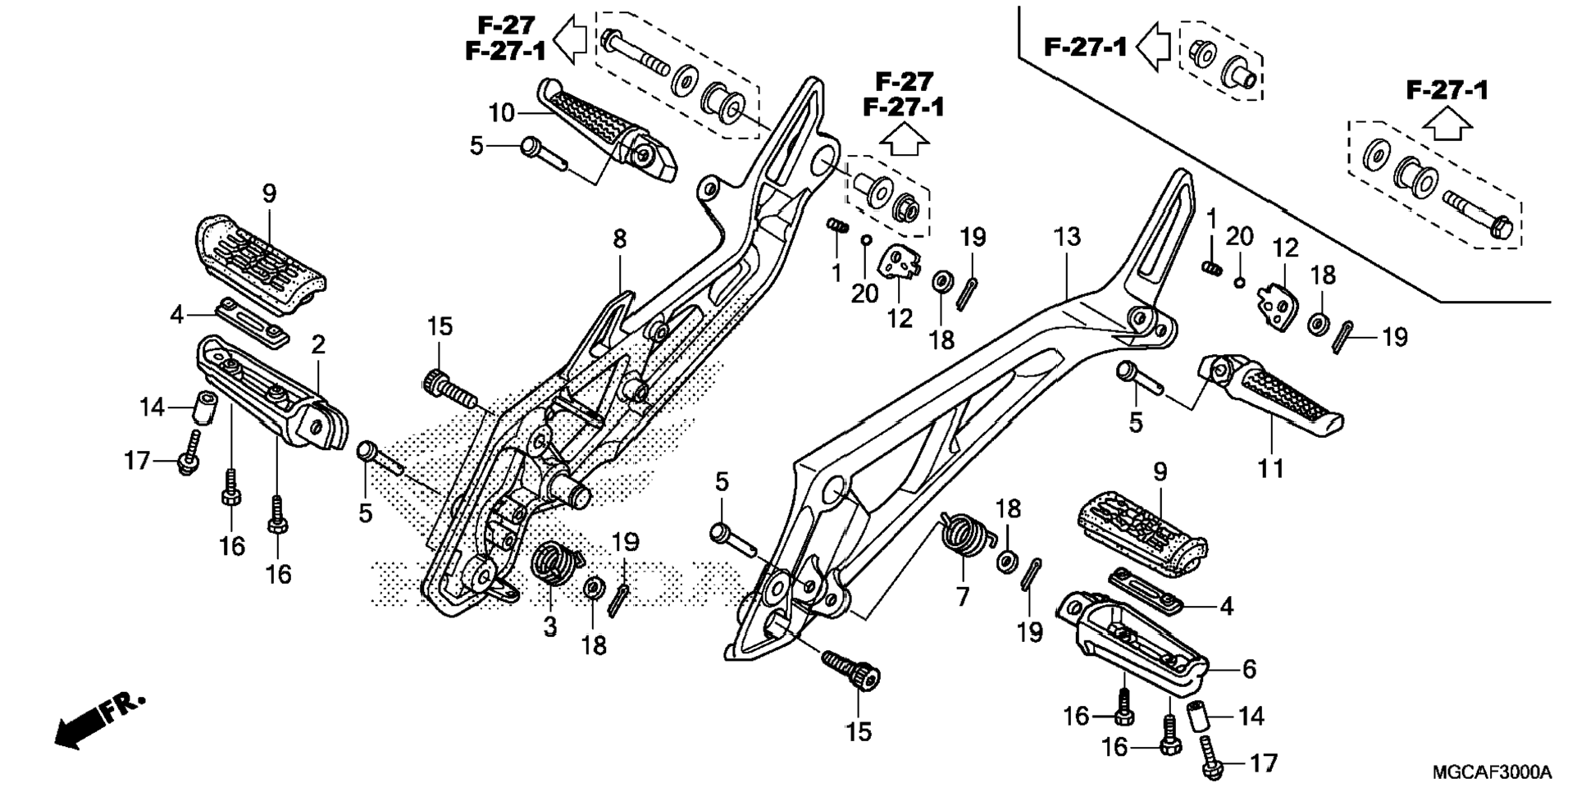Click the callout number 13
point(1067,238)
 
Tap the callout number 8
point(619,239)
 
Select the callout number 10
point(501,112)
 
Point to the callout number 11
point(1270,469)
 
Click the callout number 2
point(318,344)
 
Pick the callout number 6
point(1249,669)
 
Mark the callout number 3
point(549,627)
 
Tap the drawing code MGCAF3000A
point(1492,772)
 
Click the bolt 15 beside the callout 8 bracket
point(449,388)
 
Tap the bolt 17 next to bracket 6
point(1211,758)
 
